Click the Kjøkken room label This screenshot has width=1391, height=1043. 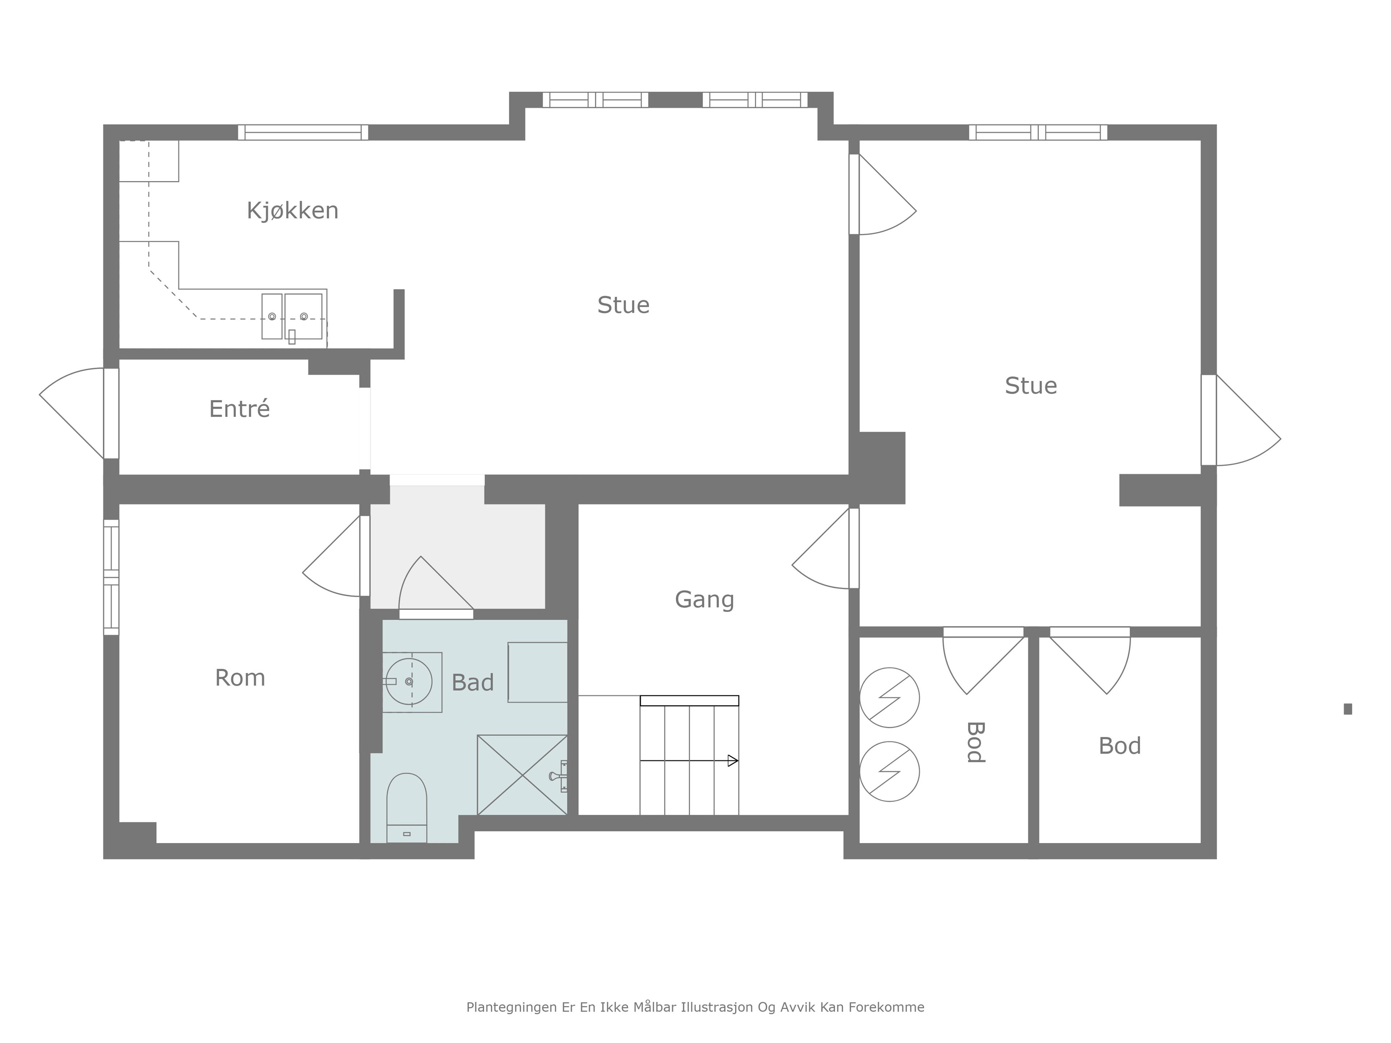click(292, 211)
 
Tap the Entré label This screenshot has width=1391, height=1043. click(239, 409)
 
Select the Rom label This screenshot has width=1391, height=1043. click(240, 678)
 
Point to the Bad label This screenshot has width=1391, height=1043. click(473, 682)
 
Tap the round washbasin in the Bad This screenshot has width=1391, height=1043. click(409, 682)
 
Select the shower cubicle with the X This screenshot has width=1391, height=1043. click(523, 775)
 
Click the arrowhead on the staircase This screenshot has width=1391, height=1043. click(732, 761)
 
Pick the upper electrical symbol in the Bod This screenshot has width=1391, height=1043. click(889, 697)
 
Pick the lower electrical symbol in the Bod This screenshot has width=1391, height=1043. click(889, 771)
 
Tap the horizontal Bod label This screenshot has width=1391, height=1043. click(1119, 746)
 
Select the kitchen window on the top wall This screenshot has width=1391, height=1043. click(303, 132)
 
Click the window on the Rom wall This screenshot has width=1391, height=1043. click(111, 577)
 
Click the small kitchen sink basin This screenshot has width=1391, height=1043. click(272, 316)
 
